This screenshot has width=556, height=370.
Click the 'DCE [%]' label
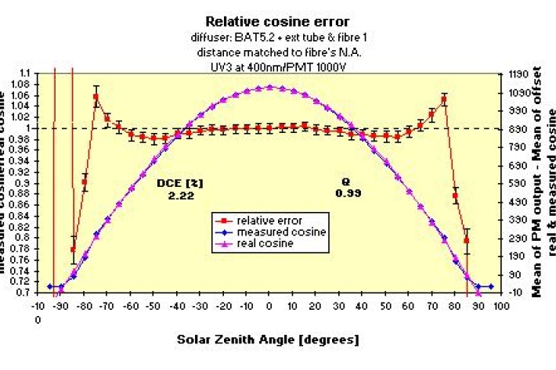click(x=180, y=183)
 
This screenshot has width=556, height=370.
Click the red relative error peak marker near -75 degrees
click(x=96, y=98)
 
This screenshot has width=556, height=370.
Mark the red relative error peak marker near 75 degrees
click(x=443, y=99)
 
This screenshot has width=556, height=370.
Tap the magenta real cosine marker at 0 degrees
click(x=269, y=88)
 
